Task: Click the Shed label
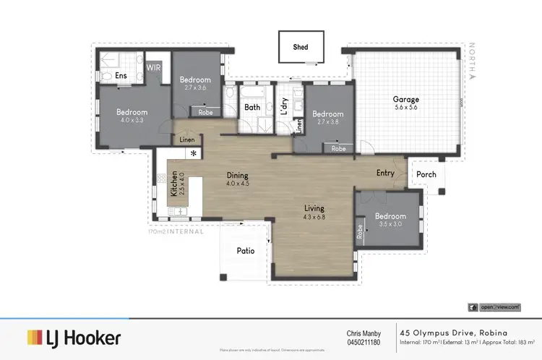(300, 48)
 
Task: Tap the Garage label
(405, 99)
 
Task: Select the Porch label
(426, 174)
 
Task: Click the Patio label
(246, 251)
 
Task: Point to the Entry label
(385, 173)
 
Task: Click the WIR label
(154, 67)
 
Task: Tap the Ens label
(121, 75)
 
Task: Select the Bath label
(252, 108)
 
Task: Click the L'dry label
(284, 106)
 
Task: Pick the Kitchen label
(173, 184)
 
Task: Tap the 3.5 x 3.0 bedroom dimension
(390, 224)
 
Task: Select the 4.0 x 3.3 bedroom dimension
(132, 121)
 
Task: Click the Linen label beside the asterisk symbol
(187, 140)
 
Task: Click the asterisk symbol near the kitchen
(193, 153)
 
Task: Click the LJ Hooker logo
(74, 338)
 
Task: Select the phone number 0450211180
(364, 342)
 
